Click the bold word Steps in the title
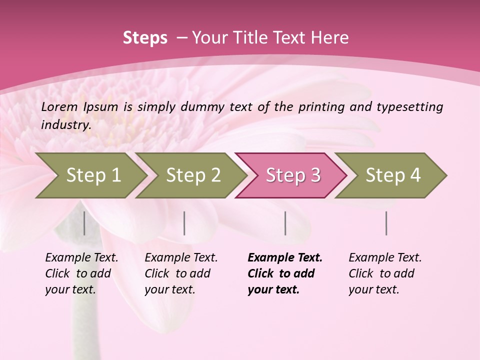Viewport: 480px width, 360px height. click(145, 38)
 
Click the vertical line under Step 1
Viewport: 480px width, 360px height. click(84, 223)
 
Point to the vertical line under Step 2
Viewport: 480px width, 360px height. click(184, 223)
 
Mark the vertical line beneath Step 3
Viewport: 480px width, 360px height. click(285, 223)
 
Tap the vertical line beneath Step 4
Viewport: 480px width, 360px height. click(386, 223)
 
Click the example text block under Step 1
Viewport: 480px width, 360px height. click(81, 273)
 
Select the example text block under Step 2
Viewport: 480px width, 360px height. click(181, 273)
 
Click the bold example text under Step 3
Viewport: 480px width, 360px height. click(284, 273)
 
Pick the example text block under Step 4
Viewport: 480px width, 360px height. click(385, 273)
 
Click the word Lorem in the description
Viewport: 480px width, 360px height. click(59, 106)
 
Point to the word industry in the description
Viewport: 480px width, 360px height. click(66, 125)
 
